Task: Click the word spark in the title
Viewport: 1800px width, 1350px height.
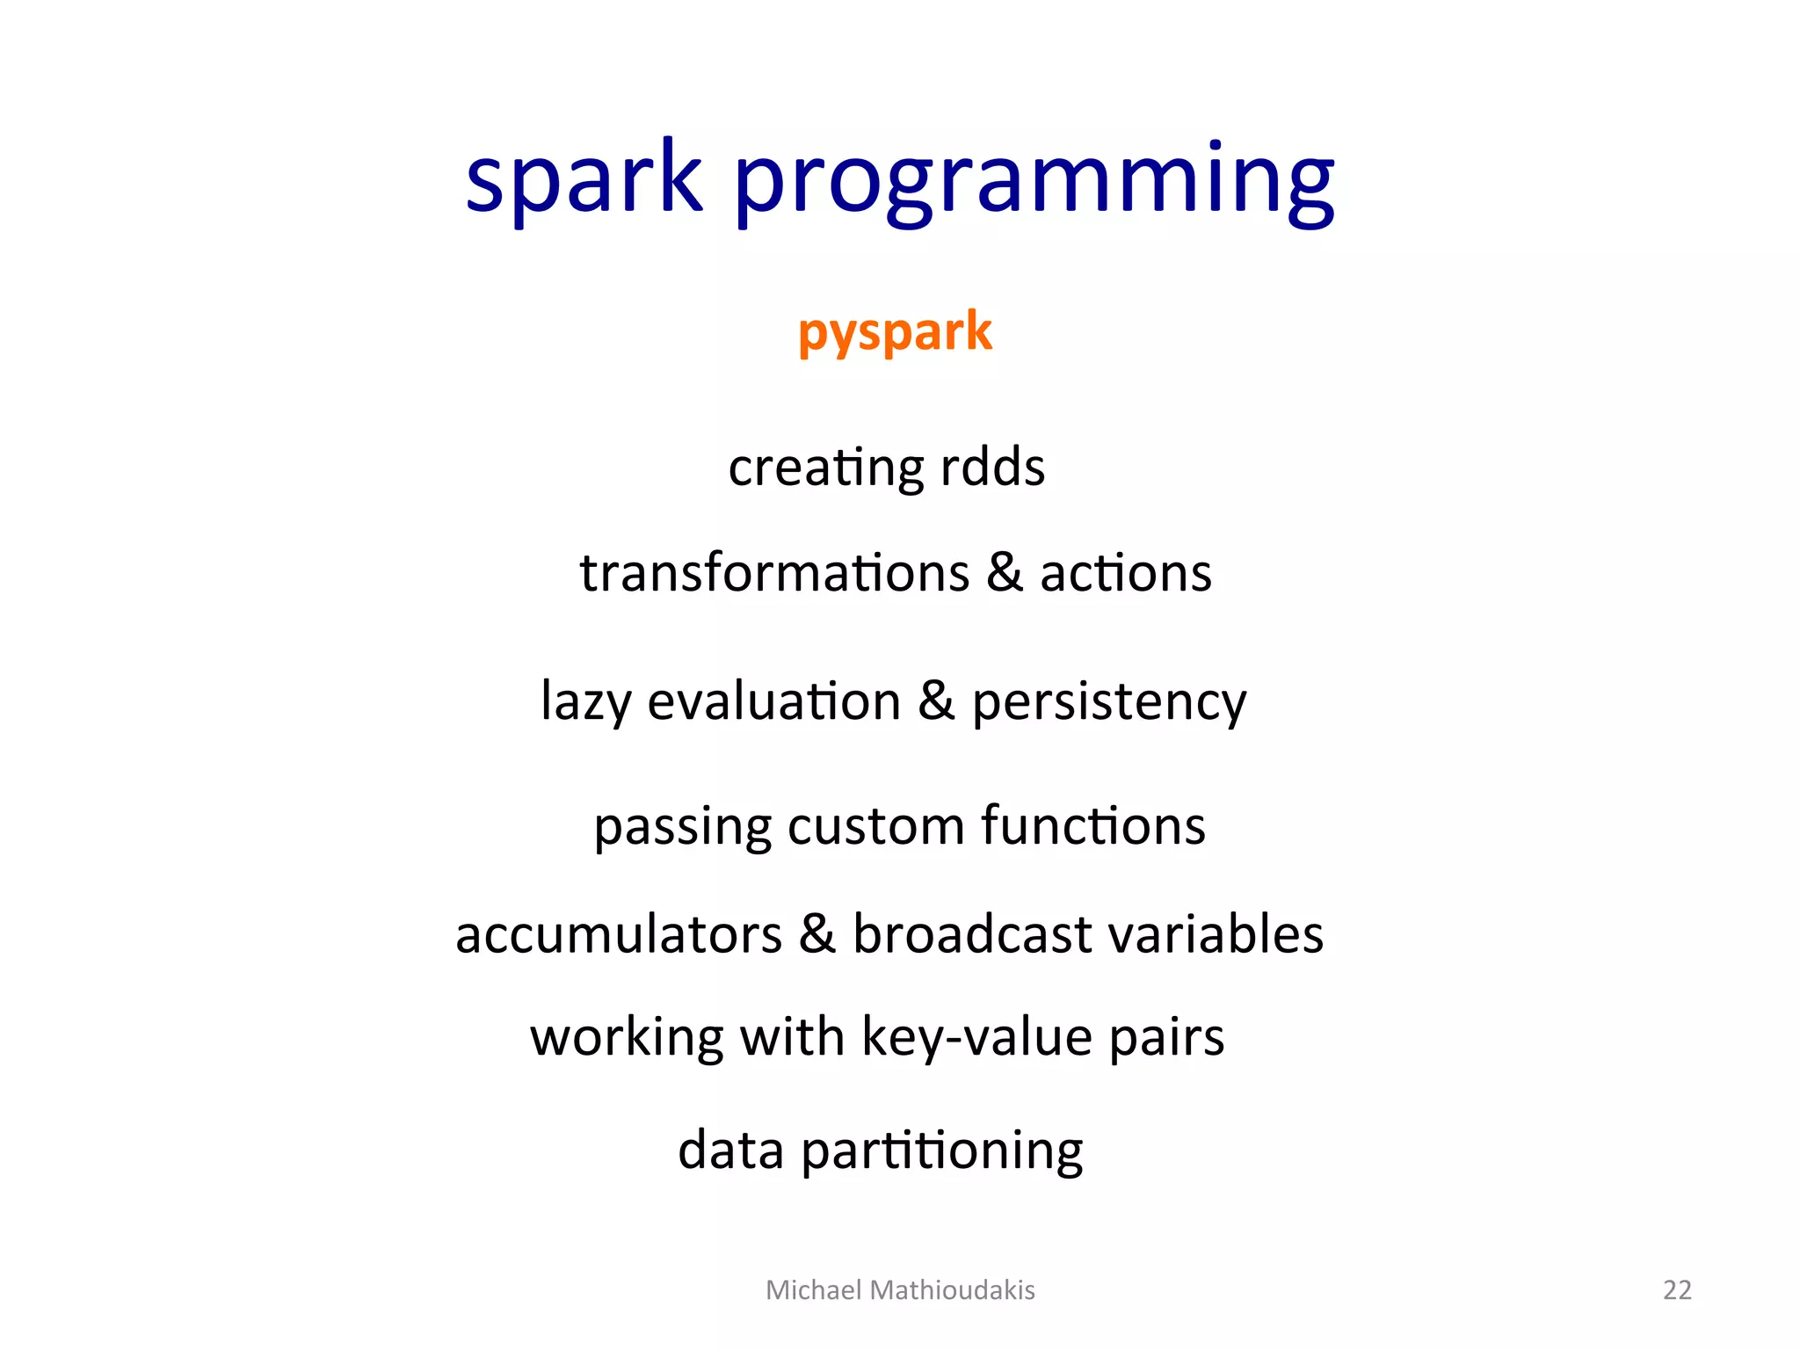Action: [584, 180]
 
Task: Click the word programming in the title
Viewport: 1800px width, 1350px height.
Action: [1034, 185]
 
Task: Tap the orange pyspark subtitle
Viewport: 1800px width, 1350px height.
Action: [895, 333]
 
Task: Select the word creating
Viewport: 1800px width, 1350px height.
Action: [824, 468]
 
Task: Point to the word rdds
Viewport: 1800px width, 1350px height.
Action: [992, 467]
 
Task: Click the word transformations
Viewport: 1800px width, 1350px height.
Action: [774, 573]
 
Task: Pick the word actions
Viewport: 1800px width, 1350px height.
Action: [1126, 573]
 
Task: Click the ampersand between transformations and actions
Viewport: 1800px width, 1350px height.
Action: [1005, 573]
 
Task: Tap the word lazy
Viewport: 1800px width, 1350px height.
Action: [585, 702]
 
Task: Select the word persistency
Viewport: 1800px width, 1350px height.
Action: [1109, 702]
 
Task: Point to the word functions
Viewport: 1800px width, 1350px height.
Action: [1093, 826]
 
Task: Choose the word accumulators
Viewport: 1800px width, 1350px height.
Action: [619, 933]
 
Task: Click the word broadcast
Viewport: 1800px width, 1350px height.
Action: [972, 933]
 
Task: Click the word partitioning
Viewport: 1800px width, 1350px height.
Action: [941, 1150]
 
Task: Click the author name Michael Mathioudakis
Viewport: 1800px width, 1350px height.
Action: [900, 1289]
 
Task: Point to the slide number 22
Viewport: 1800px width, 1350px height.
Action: [1677, 1289]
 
